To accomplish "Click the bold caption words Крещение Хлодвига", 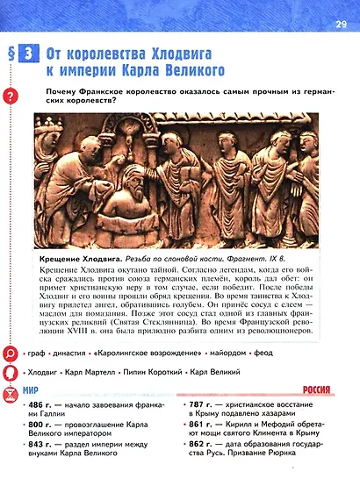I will pyautogui.click(x=76, y=261).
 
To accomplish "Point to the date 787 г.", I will pyautogui.click(x=205, y=406).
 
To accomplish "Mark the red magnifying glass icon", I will pyautogui.click(x=11, y=354).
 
